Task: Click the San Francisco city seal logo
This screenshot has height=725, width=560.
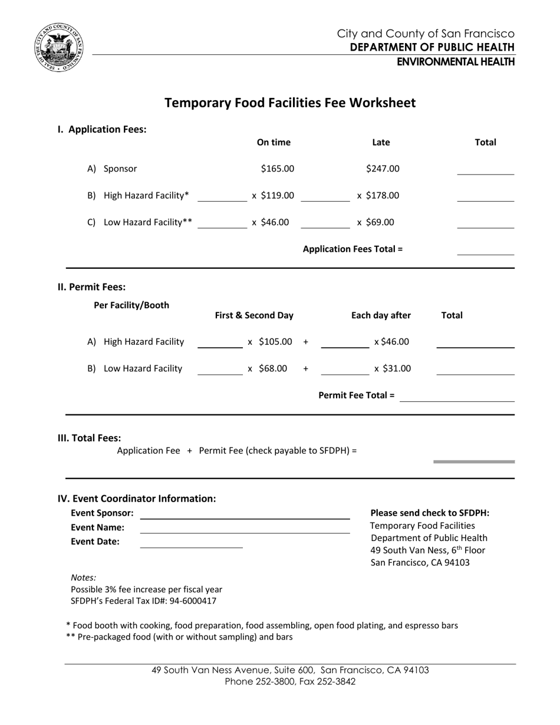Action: point(59,48)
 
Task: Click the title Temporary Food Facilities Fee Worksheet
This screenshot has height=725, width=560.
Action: point(289,103)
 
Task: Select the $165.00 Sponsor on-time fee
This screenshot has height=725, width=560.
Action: point(277,169)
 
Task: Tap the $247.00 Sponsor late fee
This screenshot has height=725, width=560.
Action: point(383,169)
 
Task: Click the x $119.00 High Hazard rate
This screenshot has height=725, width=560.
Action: point(273,196)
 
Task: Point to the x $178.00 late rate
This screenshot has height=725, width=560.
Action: point(378,196)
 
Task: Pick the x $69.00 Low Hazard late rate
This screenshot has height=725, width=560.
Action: point(375,222)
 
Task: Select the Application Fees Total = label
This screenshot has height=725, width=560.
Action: point(353,249)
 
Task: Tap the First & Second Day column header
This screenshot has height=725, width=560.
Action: point(254,315)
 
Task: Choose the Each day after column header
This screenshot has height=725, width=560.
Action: point(381,315)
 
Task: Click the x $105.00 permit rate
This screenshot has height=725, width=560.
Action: point(270,342)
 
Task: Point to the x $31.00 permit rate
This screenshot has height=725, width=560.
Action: point(392,369)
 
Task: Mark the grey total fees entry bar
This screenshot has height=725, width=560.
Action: point(474,462)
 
